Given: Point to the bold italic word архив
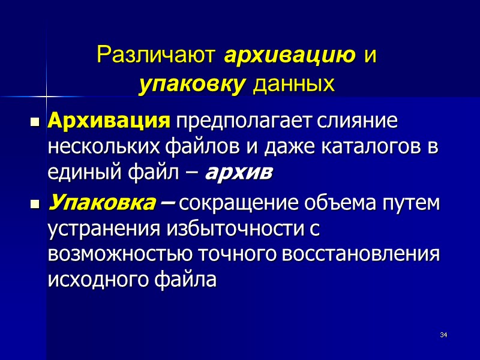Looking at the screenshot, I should pyautogui.click(x=239, y=172).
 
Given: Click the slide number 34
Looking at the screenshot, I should pyautogui.click(x=444, y=334).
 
